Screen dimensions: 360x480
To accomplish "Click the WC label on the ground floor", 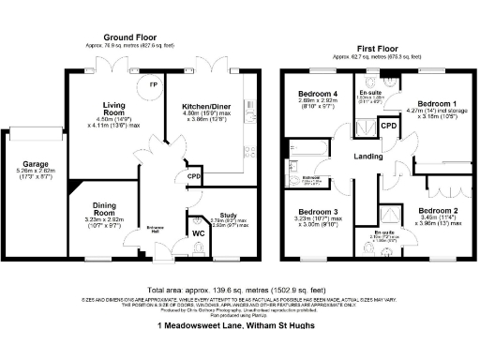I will [x=198, y=233].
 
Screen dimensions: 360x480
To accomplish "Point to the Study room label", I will [x=228, y=214].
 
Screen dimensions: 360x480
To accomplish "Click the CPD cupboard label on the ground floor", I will [x=194, y=175].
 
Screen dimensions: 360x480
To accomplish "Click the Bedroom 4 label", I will [x=318, y=94].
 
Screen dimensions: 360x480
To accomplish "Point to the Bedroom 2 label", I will [x=438, y=211].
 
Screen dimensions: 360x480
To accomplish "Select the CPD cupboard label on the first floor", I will [x=387, y=125].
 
